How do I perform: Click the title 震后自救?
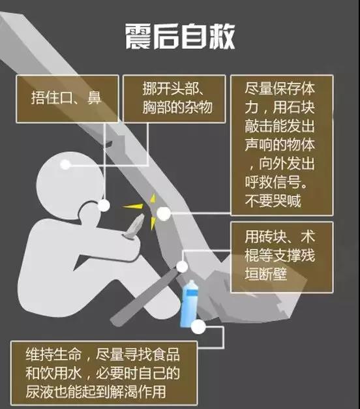pyautogui.click(x=180, y=37)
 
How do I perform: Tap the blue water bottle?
pyautogui.click(x=189, y=303)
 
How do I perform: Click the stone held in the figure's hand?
pyautogui.click(x=134, y=226)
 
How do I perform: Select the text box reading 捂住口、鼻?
pyautogui.click(x=67, y=99)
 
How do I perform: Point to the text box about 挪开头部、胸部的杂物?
pyautogui.click(x=174, y=99)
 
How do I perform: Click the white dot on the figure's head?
pyautogui.click(x=65, y=164)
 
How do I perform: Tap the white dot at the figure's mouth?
pyautogui.click(x=104, y=205)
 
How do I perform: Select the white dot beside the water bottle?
pyautogui.click(x=198, y=327)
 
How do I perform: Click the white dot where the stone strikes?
pyautogui.click(x=164, y=213)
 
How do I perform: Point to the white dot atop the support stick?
pyautogui.click(x=182, y=267)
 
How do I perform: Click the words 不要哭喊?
pyautogui.click(x=273, y=201)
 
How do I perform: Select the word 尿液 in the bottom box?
pyautogui.click(x=39, y=391)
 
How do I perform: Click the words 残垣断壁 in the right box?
pyautogui.click(x=280, y=264)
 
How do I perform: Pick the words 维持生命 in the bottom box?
pyautogui.click(x=53, y=354)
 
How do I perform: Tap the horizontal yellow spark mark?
pyautogui.click(x=133, y=206)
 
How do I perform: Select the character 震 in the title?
pyautogui.click(x=138, y=37)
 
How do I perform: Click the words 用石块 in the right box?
pyautogui.click(x=293, y=107)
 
